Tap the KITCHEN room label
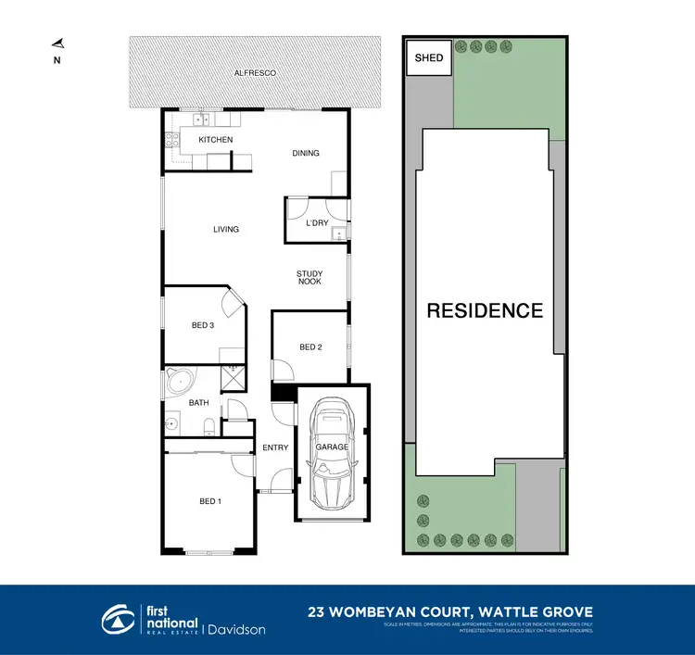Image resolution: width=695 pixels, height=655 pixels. (x=215, y=140)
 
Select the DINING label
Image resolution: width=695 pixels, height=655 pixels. (x=306, y=154)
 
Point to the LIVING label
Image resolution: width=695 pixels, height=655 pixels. (x=225, y=230)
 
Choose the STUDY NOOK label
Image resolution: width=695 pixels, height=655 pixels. (x=310, y=277)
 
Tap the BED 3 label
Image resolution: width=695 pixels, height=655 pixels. (x=203, y=325)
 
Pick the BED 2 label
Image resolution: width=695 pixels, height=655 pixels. (x=310, y=347)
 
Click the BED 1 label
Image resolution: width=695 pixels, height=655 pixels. (x=210, y=501)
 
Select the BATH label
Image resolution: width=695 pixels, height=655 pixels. (x=199, y=403)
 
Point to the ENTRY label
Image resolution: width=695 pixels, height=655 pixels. (x=275, y=448)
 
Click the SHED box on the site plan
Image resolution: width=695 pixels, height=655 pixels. (x=428, y=58)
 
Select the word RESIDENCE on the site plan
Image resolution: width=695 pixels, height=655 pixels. (x=485, y=310)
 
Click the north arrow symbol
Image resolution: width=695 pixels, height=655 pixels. (x=57, y=43)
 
